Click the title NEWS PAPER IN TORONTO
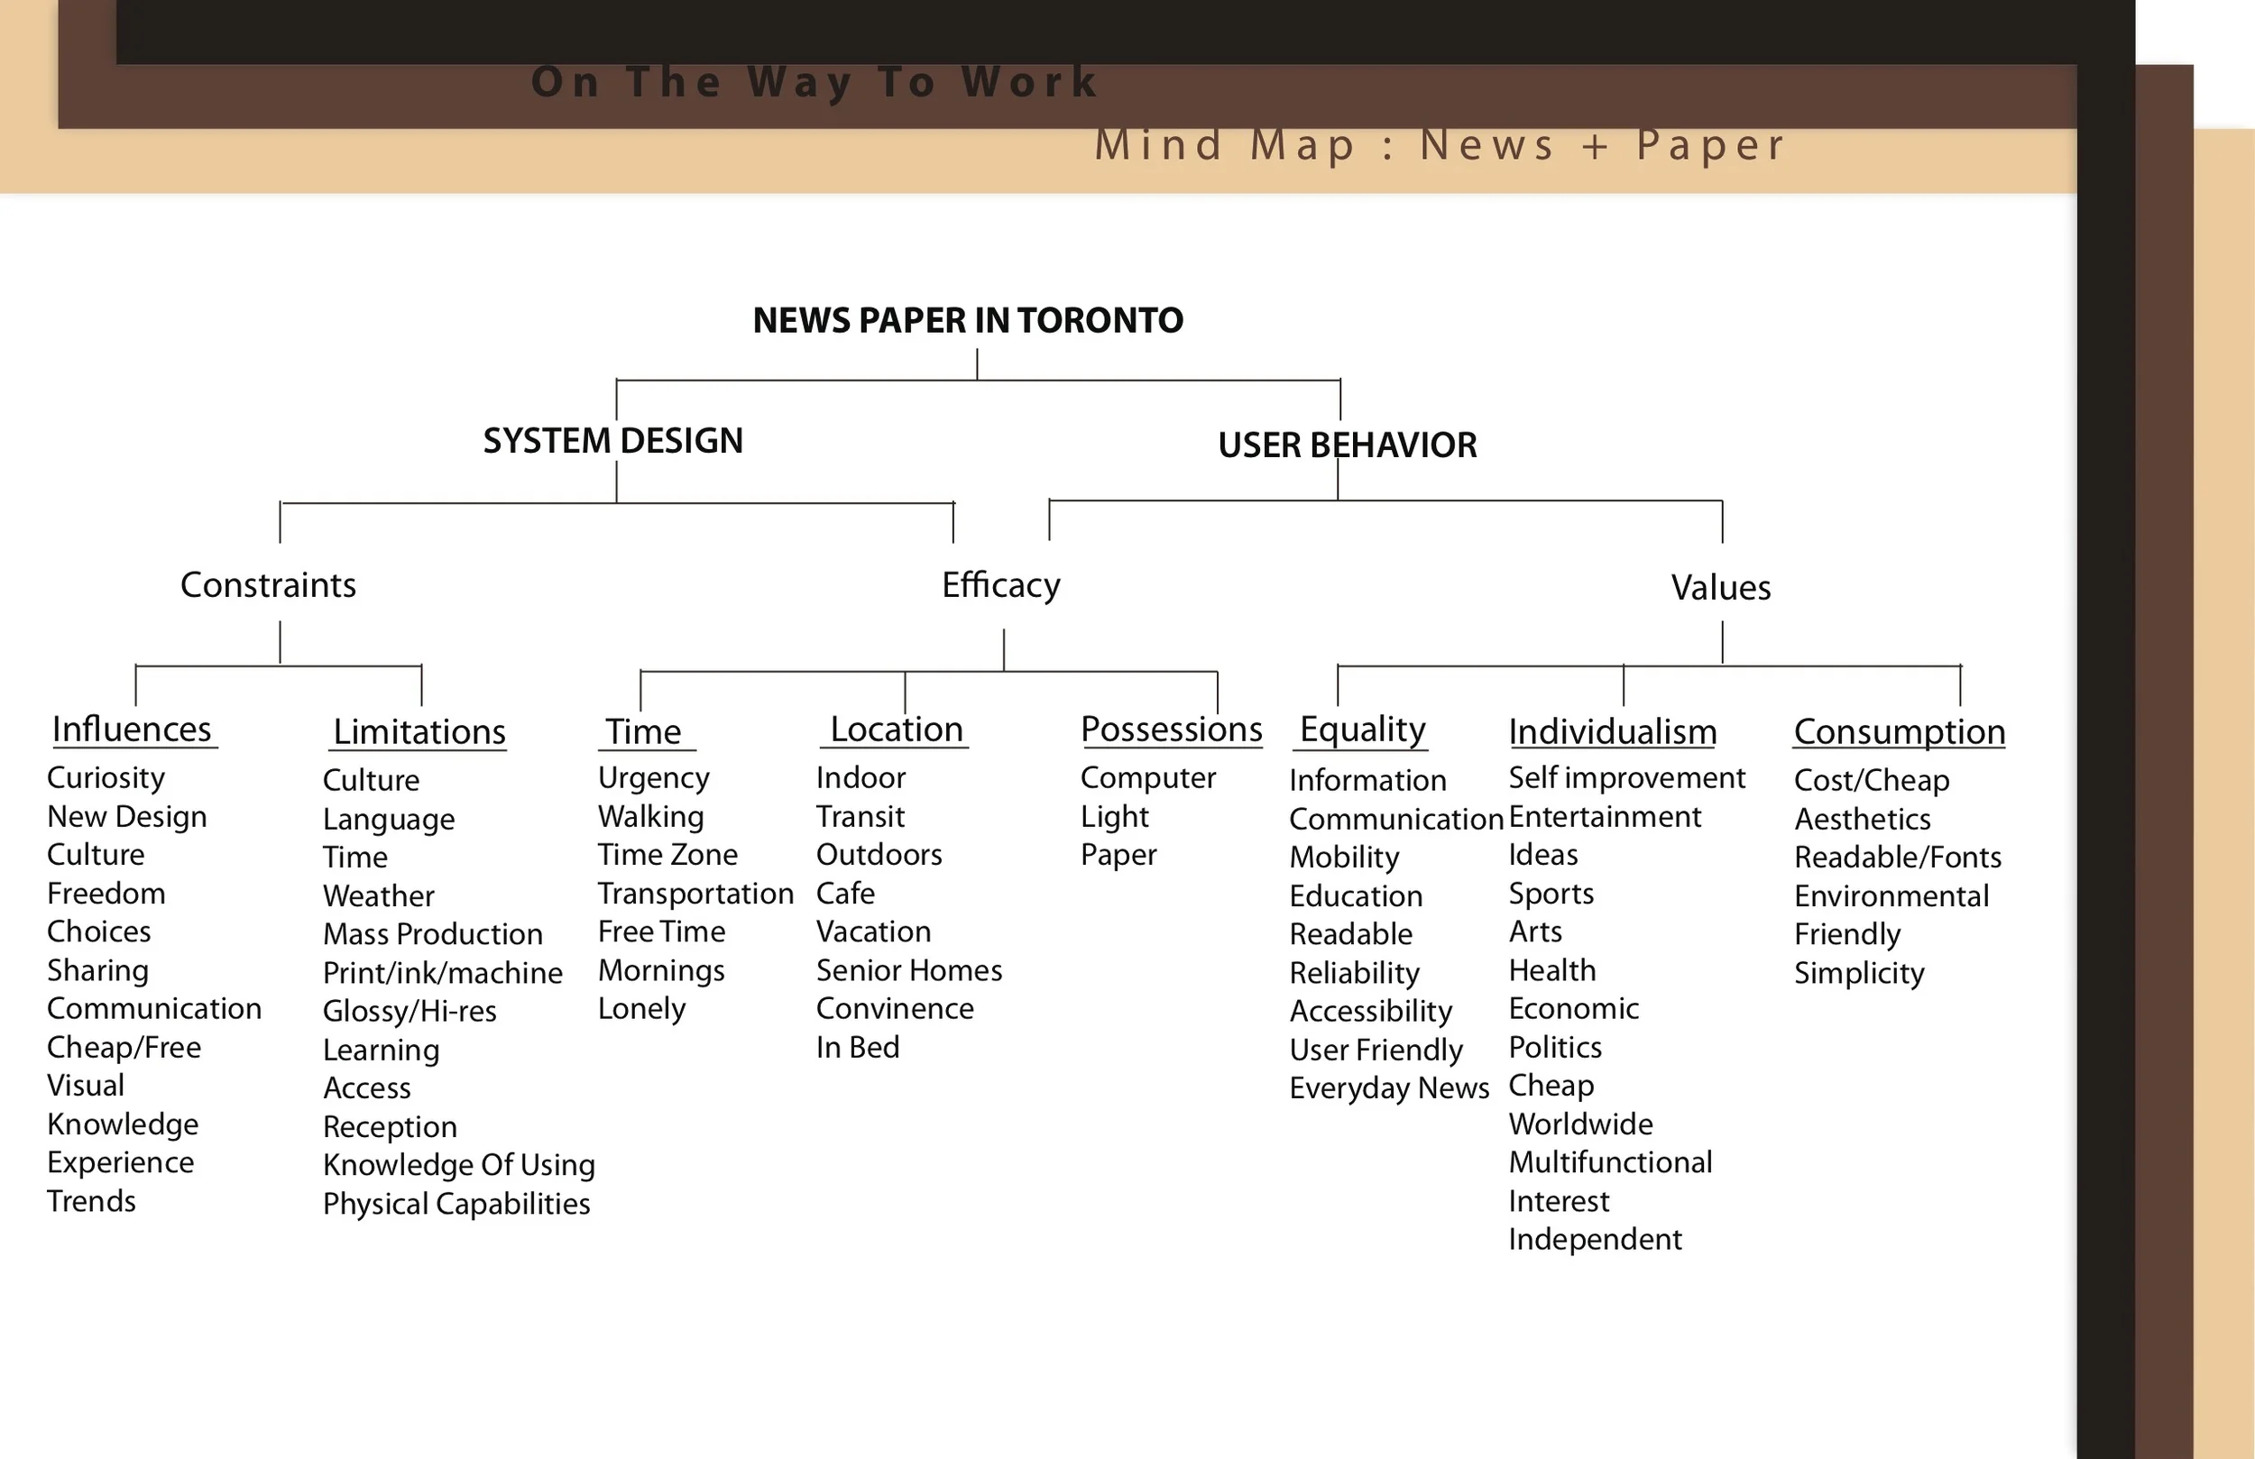click(967, 320)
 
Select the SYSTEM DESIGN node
click(613, 441)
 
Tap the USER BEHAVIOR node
click(1348, 445)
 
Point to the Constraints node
click(268, 585)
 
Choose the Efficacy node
click(1000, 585)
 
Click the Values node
click(1721, 588)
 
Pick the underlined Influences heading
click(132, 729)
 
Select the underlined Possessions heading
click(1171, 729)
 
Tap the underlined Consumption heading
click(1899, 732)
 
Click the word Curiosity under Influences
click(106, 778)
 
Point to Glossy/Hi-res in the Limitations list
click(410, 1011)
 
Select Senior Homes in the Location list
click(908, 970)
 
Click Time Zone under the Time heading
click(667, 855)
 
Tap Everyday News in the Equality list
click(1389, 1087)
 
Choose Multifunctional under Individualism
click(1610, 1162)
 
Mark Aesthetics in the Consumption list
click(1862, 819)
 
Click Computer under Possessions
click(1147, 778)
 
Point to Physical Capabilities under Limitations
click(456, 1204)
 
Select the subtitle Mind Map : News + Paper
click(1440, 146)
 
